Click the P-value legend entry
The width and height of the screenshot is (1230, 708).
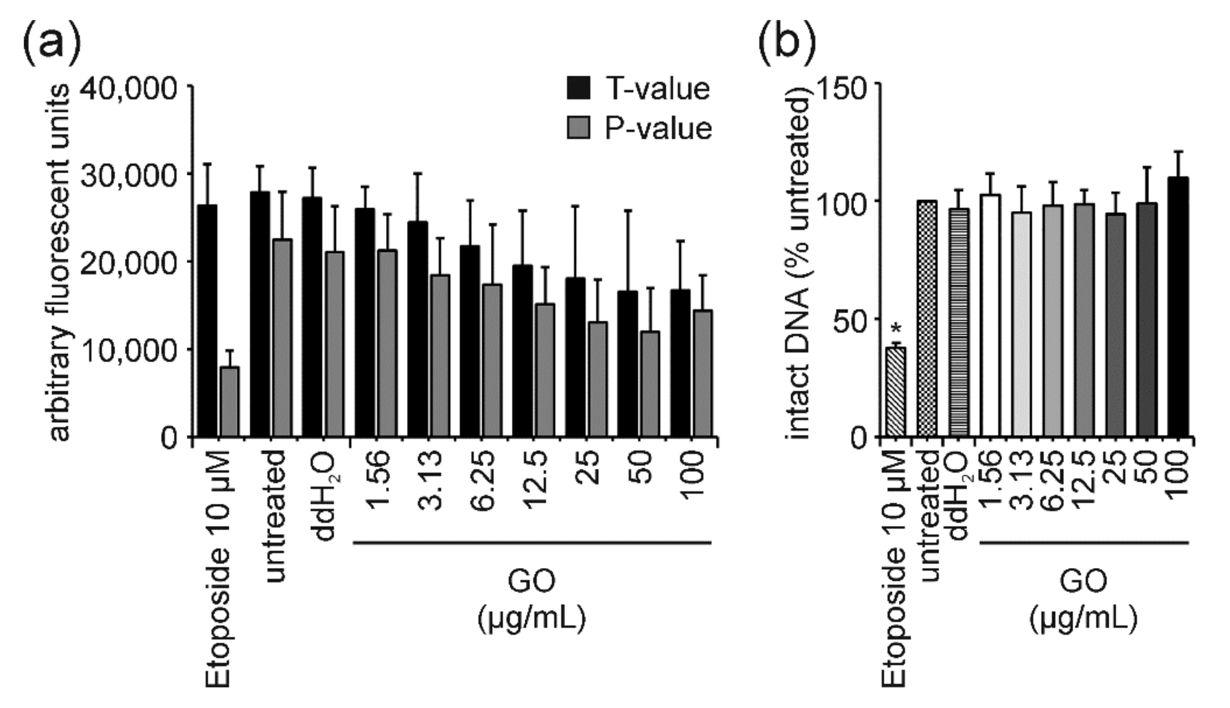point(639,129)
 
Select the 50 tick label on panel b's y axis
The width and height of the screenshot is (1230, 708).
point(850,321)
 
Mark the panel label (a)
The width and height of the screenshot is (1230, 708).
point(51,41)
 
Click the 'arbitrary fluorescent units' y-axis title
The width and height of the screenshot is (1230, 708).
point(60,262)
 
